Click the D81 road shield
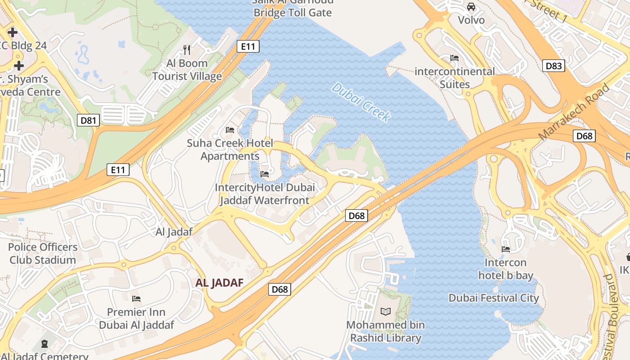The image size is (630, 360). point(88,120)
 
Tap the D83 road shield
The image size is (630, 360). point(553,66)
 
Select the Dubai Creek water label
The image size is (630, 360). point(360,102)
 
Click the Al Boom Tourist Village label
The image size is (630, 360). point(187,70)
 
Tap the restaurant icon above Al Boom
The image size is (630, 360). point(187,49)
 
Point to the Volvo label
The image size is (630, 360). point(471,20)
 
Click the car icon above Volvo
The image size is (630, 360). point(471,7)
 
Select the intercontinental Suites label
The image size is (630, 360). point(454,78)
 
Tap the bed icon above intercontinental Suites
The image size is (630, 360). point(454,58)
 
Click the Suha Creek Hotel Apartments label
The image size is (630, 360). point(230,150)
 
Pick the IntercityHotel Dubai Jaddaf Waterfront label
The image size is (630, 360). point(265,194)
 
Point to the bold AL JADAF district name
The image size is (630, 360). point(219,283)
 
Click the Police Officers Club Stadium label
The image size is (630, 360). point(43,253)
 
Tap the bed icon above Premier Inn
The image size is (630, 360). point(136,299)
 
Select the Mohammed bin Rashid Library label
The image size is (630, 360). point(386,331)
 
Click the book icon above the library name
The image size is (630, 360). point(386,311)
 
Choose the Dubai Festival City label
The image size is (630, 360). point(494,298)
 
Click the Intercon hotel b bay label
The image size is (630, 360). point(505,269)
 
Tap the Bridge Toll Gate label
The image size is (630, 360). point(292,12)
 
